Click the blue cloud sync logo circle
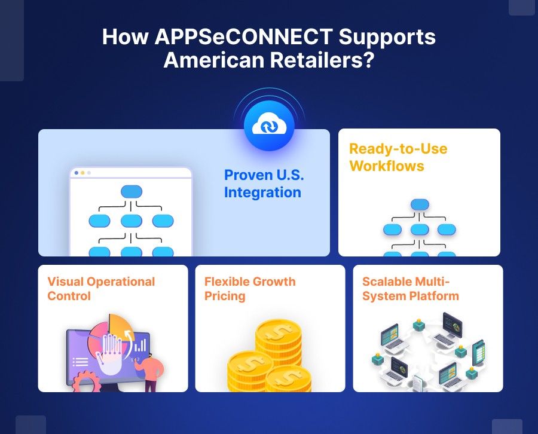coord(269,126)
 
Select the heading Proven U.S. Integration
coord(262,184)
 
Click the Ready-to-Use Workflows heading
coord(398,157)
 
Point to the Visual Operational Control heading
coord(101,289)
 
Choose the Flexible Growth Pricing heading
coord(250,289)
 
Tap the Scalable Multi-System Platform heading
coord(410,289)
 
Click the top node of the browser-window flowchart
coord(132,192)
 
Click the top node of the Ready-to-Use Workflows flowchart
coord(420,205)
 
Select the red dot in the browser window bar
coord(76,173)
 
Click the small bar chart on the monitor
coord(140,345)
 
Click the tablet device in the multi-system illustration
coord(478,353)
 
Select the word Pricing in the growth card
coord(225,297)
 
